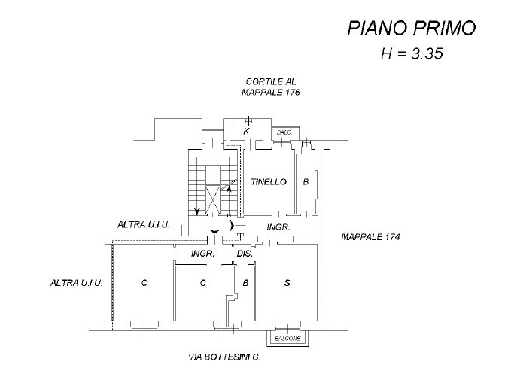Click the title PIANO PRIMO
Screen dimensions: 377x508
pyautogui.click(x=411, y=29)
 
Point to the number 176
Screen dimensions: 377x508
pyautogui.click(x=291, y=93)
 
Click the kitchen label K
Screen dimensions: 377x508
pyautogui.click(x=246, y=131)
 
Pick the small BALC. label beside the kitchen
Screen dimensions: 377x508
pyautogui.click(x=284, y=132)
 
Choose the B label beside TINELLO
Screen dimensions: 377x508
pyautogui.click(x=306, y=181)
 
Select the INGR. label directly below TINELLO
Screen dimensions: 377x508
pyautogui.click(x=278, y=227)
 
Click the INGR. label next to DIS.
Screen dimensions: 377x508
pyautogui.click(x=203, y=254)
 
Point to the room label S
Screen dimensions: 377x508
pyautogui.click(x=287, y=283)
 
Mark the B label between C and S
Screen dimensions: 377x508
pyautogui.click(x=246, y=283)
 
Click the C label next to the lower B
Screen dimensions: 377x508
pyautogui.click(x=202, y=283)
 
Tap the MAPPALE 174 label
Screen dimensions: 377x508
pyautogui.click(x=370, y=236)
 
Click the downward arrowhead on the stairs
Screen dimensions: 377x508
pyautogui.click(x=197, y=211)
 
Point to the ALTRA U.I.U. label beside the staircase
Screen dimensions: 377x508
pyautogui.click(x=144, y=225)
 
